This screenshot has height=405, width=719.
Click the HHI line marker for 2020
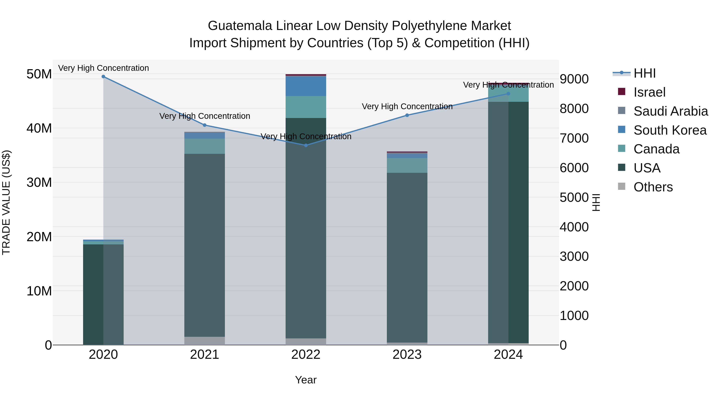coord(103,77)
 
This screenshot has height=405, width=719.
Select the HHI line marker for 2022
coord(306,145)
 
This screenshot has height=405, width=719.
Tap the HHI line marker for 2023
coord(407,115)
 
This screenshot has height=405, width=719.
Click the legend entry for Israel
coord(649,92)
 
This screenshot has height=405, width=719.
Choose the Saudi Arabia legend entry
coord(670,111)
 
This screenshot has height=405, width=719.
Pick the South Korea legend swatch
coord(622,130)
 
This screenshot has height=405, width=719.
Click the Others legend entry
coord(653,187)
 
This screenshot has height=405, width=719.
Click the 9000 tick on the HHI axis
coord(574,79)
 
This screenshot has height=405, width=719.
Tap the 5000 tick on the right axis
coord(574,197)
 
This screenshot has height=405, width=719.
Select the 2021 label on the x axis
coord(204,355)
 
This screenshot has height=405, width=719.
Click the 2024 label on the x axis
coord(508,355)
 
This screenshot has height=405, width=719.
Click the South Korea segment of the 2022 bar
coord(306,86)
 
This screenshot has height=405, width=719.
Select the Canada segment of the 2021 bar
coord(204,146)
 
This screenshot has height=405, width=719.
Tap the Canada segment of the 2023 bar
coord(407,165)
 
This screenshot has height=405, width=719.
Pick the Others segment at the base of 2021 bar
coord(204,341)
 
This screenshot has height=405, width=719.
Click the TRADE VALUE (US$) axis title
coord(6,202)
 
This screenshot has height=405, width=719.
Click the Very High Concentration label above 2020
coord(103,68)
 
